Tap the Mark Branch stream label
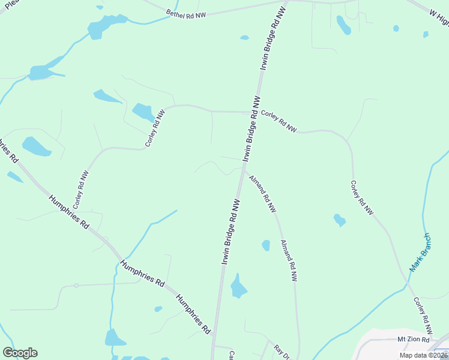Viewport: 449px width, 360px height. tap(420, 253)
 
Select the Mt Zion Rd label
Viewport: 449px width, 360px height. tap(414, 340)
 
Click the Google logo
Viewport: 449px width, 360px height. tap(20, 353)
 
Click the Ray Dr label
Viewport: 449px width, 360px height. tap(281, 352)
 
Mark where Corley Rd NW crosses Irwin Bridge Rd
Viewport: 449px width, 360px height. tap(251, 112)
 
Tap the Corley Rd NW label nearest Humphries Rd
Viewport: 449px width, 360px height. tap(80, 189)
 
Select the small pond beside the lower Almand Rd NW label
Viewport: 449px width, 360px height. tap(266, 245)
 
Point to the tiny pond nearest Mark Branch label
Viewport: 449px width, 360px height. tap(339, 220)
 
